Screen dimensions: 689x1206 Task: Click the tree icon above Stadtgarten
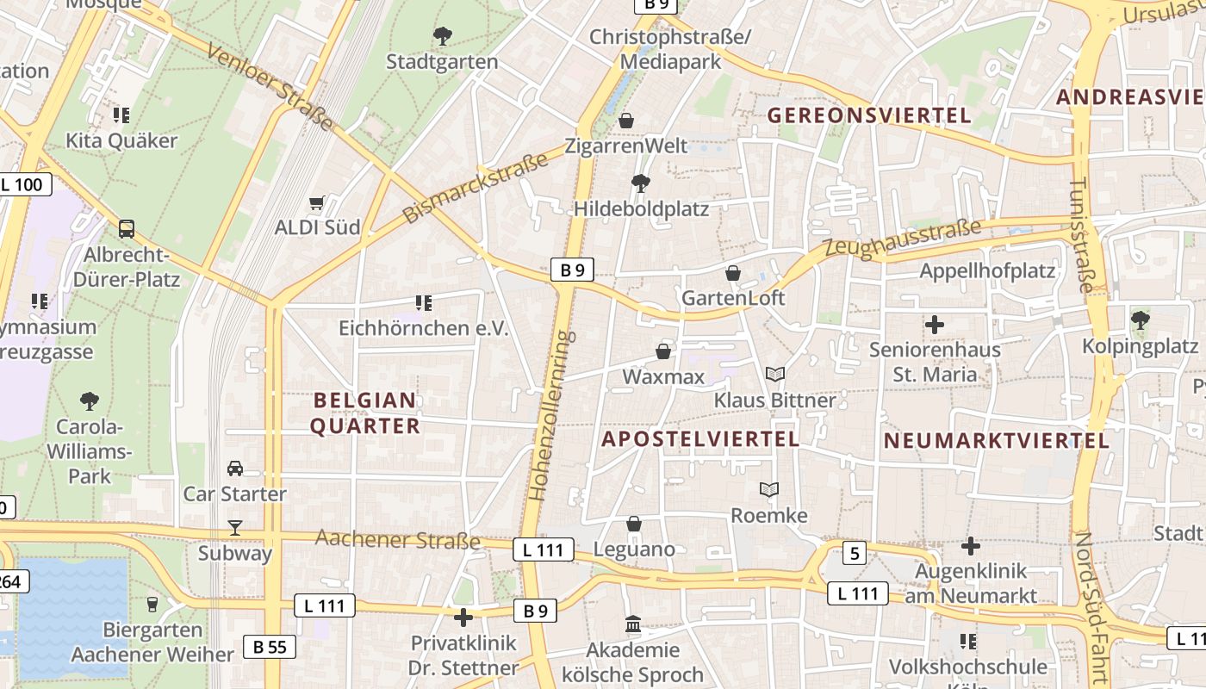[x=442, y=36]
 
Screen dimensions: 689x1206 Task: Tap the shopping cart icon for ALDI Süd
[x=316, y=203]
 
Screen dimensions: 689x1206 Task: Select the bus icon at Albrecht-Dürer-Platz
[x=127, y=229]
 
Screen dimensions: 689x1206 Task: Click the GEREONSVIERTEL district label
[x=869, y=115]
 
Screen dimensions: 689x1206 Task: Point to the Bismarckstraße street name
[x=476, y=189]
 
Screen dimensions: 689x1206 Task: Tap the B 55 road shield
[x=270, y=647]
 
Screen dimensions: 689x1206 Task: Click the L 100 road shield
[x=25, y=184]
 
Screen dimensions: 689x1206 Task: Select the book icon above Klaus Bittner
[x=775, y=374]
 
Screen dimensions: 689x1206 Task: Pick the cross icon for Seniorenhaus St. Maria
[x=935, y=325]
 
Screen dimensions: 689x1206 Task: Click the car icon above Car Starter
[x=234, y=469]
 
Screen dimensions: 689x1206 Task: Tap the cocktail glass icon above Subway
[x=234, y=527]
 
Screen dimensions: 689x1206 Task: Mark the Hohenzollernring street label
[x=551, y=416]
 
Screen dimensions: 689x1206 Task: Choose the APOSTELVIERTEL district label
[x=700, y=439]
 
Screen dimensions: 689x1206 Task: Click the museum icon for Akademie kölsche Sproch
[x=633, y=624]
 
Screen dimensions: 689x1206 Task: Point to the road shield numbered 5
[x=854, y=553]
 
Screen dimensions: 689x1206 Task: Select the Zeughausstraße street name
[x=903, y=239]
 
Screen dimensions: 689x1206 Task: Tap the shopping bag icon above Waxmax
[x=663, y=351]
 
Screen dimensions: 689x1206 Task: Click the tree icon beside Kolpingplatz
[x=1141, y=320]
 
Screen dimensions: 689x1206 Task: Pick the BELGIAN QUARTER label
[x=365, y=413]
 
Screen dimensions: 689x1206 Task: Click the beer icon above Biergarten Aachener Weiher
[x=152, y=604]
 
